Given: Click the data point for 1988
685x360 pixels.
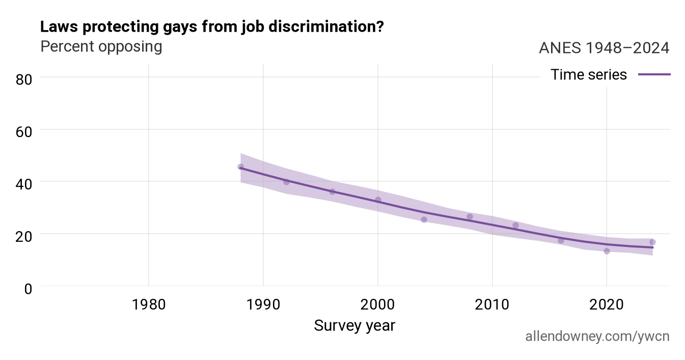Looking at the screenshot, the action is point(241,167).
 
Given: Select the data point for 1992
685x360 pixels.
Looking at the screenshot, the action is point(286,182).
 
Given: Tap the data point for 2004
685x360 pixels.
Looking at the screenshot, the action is point(424,219).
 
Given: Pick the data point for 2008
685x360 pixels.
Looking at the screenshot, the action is point(470,216).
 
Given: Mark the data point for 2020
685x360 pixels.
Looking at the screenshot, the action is point(607,251).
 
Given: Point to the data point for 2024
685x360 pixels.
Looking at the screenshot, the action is point(652,242).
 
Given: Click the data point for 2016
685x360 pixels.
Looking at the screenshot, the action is point(561,241).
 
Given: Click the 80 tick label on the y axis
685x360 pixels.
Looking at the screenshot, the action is point(24,80).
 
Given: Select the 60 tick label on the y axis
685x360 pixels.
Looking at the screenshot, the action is point(24,132).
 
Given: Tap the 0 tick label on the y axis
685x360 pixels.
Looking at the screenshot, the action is point(28,289).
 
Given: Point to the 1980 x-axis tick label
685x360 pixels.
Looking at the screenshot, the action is point(149,305).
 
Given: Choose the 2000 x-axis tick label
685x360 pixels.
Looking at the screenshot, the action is point(378,305).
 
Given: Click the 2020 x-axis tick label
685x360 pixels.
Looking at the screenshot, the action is point(607,305).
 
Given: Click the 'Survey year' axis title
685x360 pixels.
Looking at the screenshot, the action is point(354,326).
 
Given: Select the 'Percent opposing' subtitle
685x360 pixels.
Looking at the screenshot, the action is point(101,47).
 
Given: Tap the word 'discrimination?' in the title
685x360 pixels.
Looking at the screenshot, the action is point(326,26).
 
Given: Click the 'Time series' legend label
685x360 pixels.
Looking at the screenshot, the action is point(589,75).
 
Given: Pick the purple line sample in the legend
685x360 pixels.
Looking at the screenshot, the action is point(654,74).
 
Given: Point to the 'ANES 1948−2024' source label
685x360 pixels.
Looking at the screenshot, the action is point(604,48).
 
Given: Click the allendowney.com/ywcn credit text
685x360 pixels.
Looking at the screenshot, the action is point(597,337).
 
